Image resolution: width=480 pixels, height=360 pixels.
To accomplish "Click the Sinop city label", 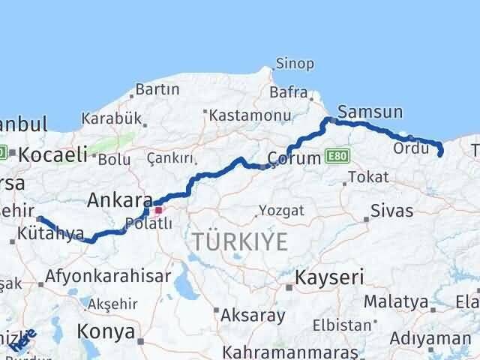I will pyautogui.click(x=295, y=64).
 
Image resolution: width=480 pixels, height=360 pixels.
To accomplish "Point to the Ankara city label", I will pyautogui.click(x=115, y=199).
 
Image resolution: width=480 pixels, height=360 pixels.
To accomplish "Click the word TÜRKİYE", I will pyautogui.click(x=240, y=241).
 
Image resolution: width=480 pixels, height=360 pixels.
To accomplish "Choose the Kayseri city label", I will pyautogui.click(x=329, y=278).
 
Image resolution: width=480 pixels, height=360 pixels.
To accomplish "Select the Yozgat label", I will pyautogui.click(x=281, y=211).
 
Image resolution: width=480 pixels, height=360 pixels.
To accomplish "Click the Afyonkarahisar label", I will pyautogui.click(x=108, y=275).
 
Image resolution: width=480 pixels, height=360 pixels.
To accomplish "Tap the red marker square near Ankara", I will pyautogui.click(x=158, y=211).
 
